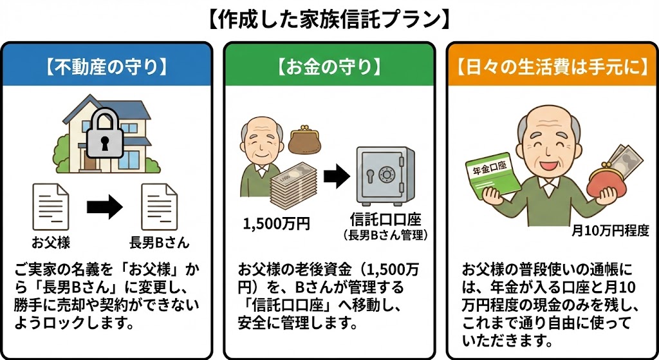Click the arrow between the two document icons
pyautogui.click(x=104, y=207)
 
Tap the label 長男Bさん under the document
pyautogui.click(x=159, y=243)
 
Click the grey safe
pyautogui.click(x=384, y=176)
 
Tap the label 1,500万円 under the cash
pyautogui.click(x=277, y=224)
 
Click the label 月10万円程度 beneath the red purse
pyautogui.click(x=611, y=230)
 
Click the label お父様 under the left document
pyautogui.click(x=51, y=243)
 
